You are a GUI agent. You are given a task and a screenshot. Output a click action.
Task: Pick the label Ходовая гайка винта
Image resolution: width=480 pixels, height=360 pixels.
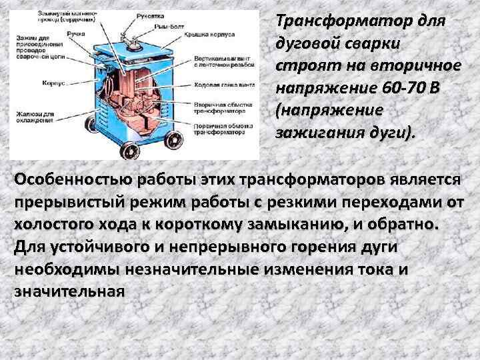pos(223,85)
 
